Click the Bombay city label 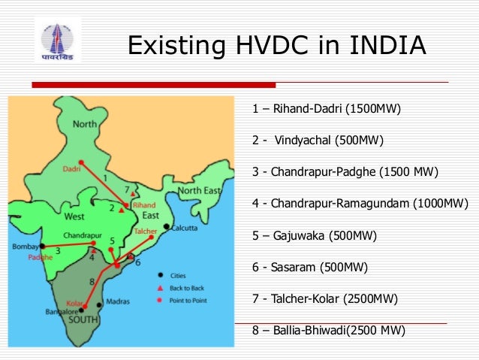[x=26, y=247]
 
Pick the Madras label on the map [x=119, y=301]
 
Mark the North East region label [x=200, y=191]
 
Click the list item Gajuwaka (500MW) [x=314, y=236]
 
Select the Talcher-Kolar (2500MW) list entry [x=325, y=299]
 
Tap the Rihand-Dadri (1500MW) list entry [x=327, y=109]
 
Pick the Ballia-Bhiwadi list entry [x=328, y=331]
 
